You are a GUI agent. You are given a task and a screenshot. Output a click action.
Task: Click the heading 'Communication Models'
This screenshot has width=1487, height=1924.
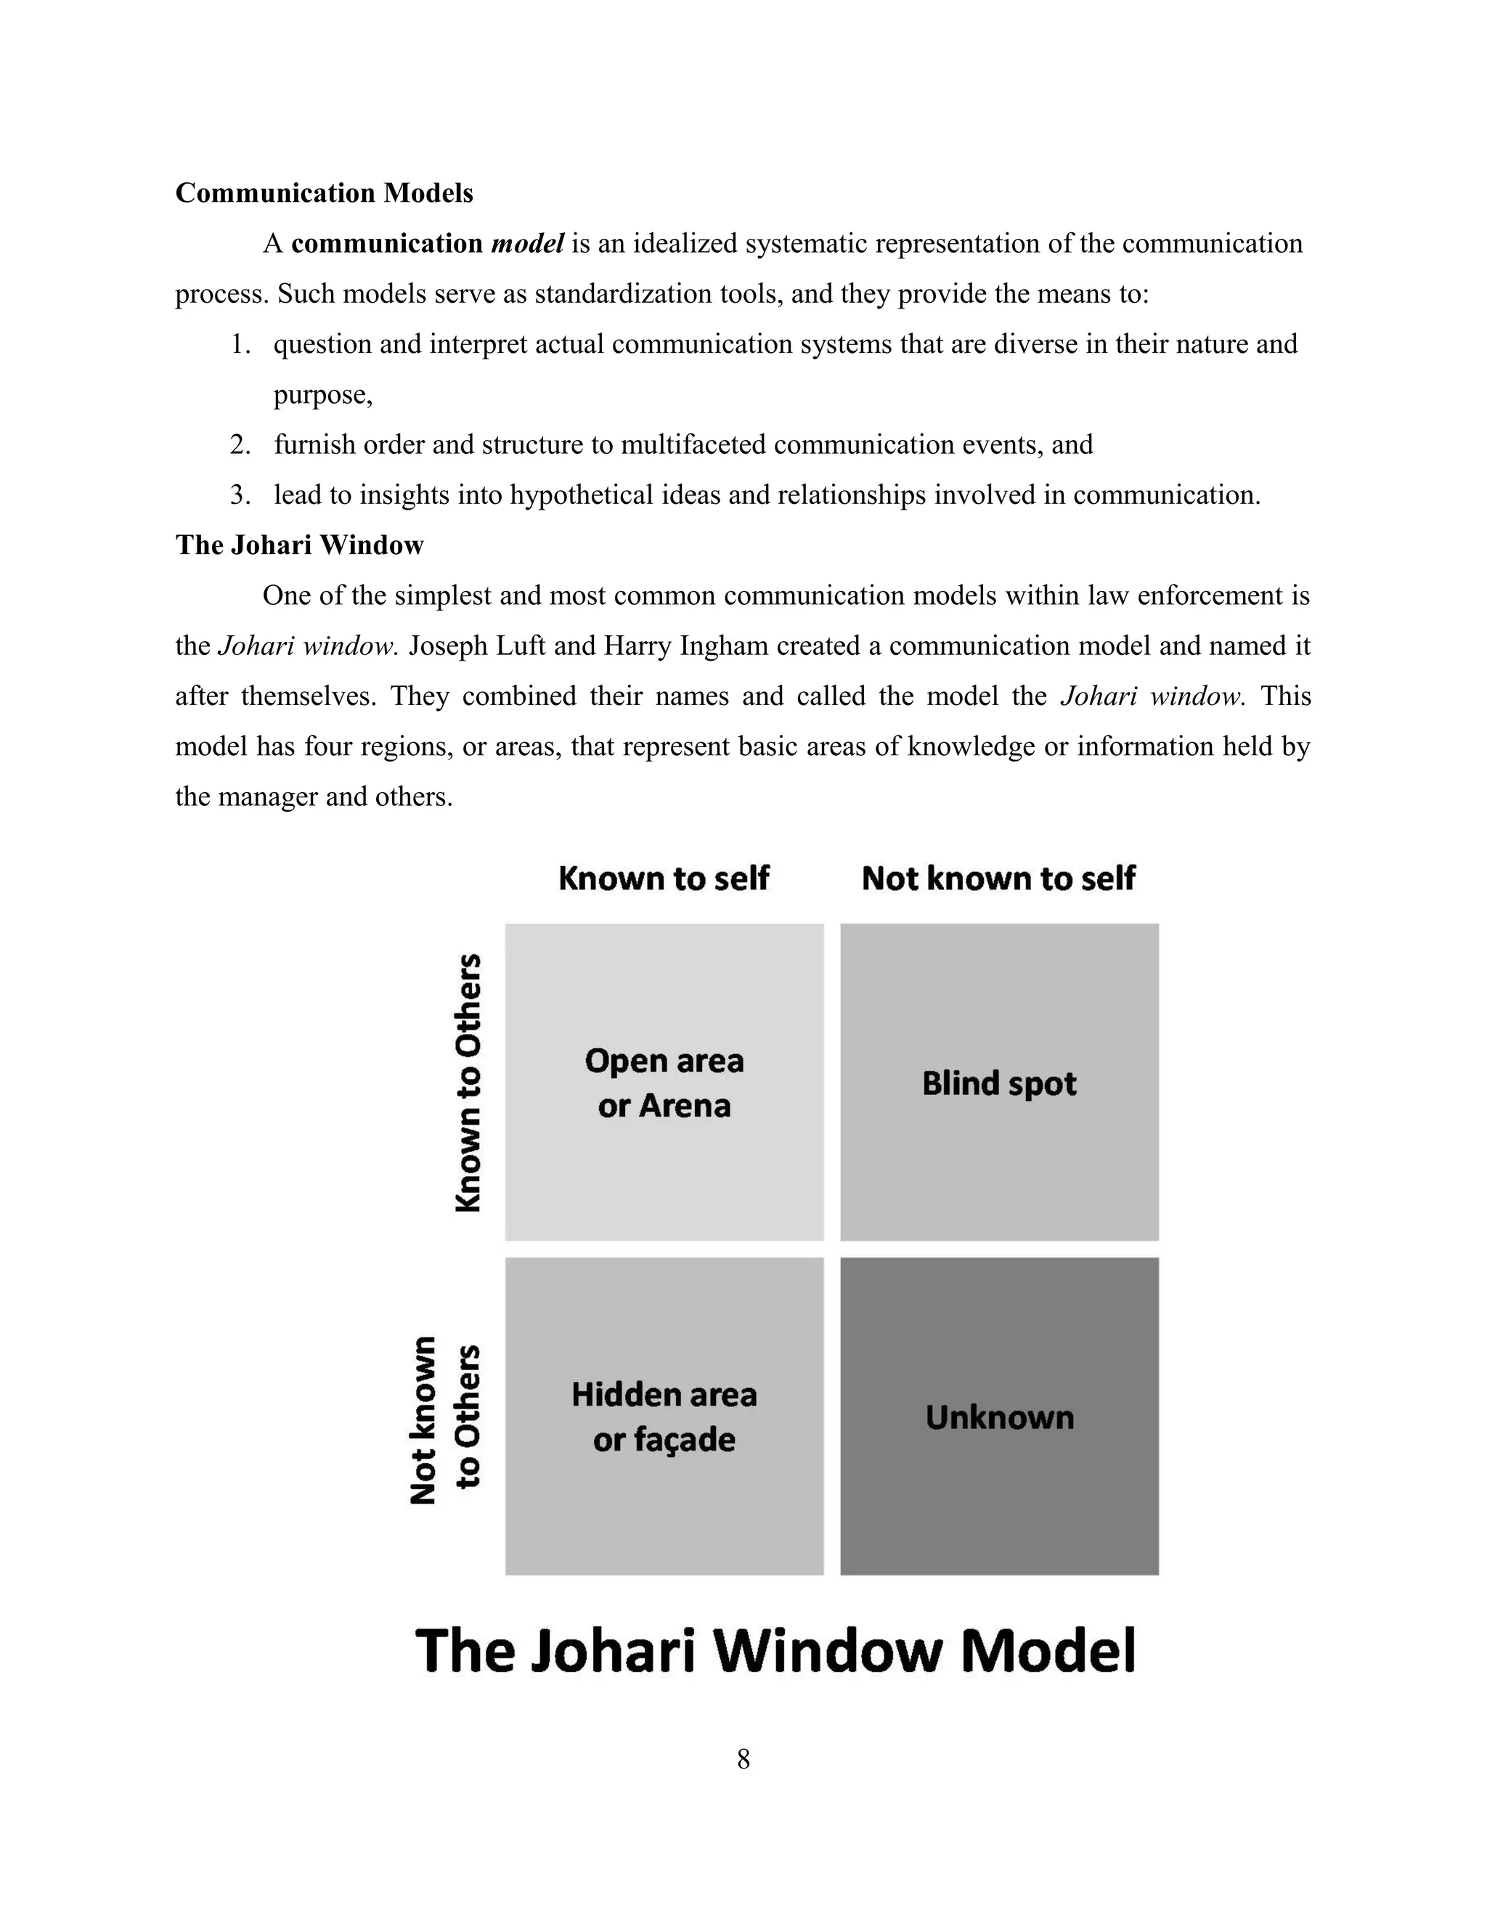[324, 193]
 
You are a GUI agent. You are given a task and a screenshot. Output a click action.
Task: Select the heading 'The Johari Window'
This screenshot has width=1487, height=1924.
[300, 545]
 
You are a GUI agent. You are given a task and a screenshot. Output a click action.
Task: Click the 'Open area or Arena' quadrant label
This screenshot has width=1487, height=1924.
[664, 1083]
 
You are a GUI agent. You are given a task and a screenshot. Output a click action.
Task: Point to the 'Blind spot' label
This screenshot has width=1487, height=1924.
[999, 1083]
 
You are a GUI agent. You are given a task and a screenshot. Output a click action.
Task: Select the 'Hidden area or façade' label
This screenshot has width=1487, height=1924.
[664, 1416]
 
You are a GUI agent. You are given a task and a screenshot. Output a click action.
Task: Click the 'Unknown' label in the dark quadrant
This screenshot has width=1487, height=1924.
[1000, 1417]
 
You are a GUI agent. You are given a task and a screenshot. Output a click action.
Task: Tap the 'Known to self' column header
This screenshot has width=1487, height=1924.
[664, 879]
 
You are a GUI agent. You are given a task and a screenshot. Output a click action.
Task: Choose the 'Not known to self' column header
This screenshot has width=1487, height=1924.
[998, 879]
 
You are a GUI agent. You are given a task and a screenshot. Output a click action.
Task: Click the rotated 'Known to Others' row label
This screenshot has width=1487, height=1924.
[468, 1083]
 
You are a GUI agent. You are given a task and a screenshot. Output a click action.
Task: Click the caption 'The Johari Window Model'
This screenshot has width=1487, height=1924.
[775, 1650]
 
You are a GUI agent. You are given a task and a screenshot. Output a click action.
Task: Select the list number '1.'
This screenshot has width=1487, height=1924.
[240, 344]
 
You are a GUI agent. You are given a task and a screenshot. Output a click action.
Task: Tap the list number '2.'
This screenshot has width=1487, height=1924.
[240, 445]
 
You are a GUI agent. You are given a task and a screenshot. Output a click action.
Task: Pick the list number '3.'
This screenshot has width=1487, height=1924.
[240, 495]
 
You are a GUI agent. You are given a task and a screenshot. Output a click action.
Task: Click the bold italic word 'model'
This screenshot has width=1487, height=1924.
[527, 244]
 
